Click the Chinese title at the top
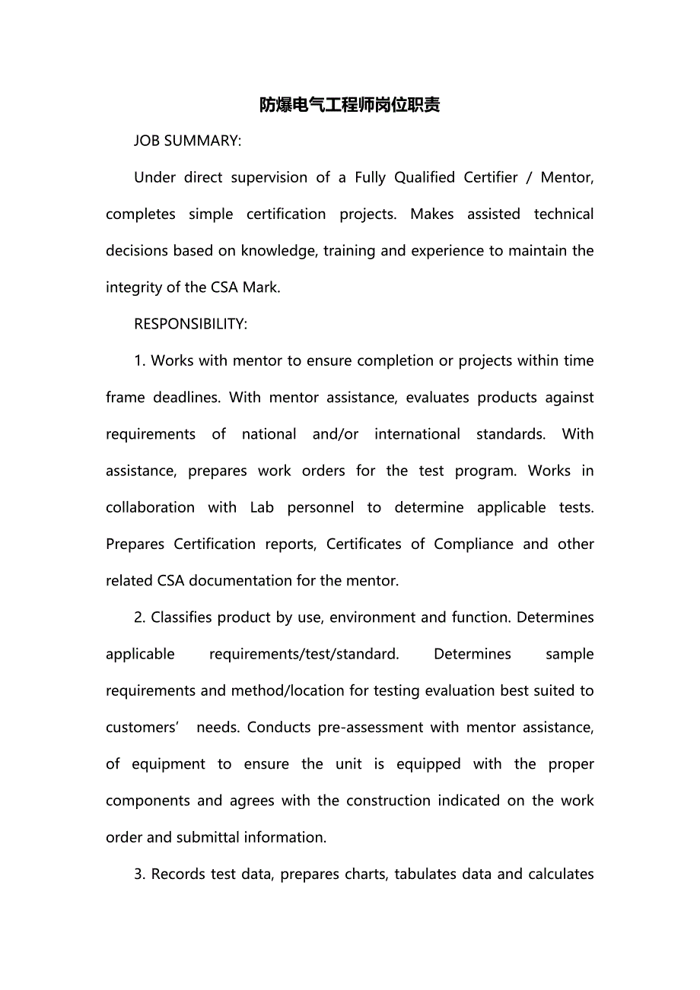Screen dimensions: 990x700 click(x=349, y=105)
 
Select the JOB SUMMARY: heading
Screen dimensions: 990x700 click(x=187, y=141)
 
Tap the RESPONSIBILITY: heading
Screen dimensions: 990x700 click(x=190, y=324)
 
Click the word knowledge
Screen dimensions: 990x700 click(x=278, y=251)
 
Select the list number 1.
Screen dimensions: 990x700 click(x=140, y=361)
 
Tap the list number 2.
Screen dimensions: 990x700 click(x=140, y=617)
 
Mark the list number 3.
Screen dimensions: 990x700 click(x=140, y=874)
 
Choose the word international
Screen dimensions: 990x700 click(x=417, y=434)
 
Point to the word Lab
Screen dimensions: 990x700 click(x=262, y=508)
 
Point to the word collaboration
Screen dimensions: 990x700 click(x=150, y=508)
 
